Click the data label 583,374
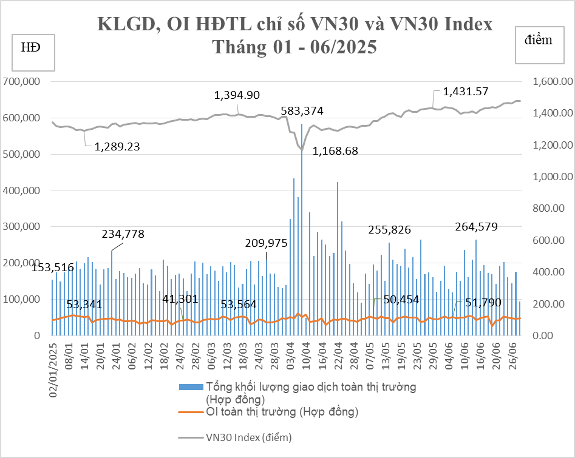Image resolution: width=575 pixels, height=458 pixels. [302, 111]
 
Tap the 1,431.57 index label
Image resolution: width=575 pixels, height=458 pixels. [466, 92]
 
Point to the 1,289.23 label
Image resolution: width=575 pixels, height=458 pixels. [117, 146]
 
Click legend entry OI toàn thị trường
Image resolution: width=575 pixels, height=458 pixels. [282, 413]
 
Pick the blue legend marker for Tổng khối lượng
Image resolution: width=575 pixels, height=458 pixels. [191, 386]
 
